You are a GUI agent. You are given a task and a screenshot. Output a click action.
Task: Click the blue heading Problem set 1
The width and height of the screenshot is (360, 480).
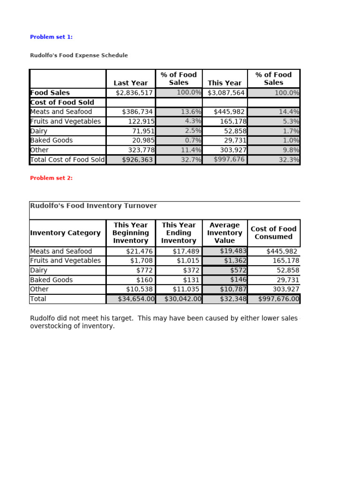51,37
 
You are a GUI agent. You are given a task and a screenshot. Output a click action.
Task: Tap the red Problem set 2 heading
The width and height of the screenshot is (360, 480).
51,178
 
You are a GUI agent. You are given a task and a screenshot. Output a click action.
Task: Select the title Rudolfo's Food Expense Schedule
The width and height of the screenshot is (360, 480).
79,55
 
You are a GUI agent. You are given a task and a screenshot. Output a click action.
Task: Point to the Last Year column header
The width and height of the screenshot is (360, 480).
130,83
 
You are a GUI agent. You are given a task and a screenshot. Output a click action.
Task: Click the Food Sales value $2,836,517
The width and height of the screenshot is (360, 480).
134,93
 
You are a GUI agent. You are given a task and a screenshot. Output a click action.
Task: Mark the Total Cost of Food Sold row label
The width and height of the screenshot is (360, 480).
67,159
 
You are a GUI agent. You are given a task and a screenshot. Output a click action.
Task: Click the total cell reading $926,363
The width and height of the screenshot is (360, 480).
137,159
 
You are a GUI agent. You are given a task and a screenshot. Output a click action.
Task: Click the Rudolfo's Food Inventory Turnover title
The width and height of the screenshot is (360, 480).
93,206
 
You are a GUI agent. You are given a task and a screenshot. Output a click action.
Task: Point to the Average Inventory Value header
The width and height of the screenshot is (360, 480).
225,233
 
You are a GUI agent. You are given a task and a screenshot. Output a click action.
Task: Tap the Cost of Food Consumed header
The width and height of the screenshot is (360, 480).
273,233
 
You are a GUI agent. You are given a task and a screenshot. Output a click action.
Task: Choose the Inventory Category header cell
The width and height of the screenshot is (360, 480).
65,233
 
